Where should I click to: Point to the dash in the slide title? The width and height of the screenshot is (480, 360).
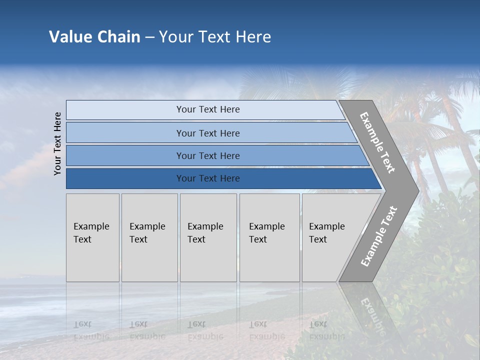click(x=149, y=37)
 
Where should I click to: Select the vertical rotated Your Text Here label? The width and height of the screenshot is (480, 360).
click(x=57, y=143)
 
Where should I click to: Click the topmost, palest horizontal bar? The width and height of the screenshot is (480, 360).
click(x=207, y=109)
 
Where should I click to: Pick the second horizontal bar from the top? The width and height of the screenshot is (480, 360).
click(x=207, y=133)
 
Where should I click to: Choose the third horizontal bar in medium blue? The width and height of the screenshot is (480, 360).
click(x=207, y=155)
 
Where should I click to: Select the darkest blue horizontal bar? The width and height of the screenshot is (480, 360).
click(x=207, y=178)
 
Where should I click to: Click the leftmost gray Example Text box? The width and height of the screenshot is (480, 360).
click(x=92, y=237)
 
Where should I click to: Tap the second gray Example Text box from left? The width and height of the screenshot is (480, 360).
click(x=149, y=237)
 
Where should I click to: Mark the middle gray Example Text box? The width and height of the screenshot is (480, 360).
click(x=208, y=237)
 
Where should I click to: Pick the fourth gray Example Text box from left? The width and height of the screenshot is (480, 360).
click(x=269, y=237)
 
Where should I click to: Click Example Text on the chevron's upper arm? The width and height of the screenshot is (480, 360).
click(x=377, y=142)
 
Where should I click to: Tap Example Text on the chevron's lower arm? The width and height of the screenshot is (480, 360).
click(x=378, y=236)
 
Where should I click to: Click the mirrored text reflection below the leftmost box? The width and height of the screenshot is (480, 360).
click(x=91, y=330)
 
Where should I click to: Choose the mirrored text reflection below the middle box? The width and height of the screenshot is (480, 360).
click(x=205, y=330)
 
